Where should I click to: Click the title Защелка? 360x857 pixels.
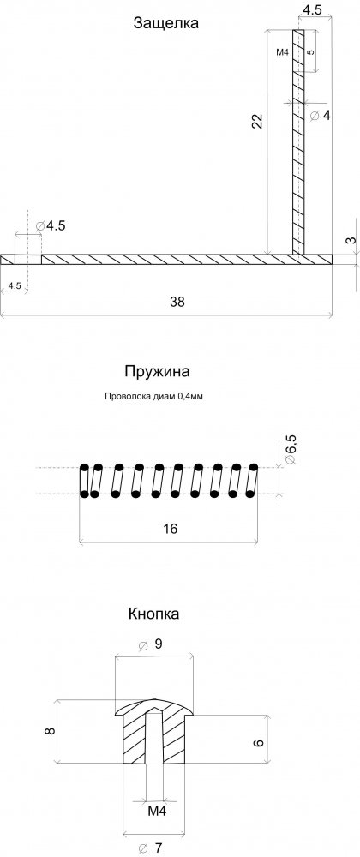(165, 23)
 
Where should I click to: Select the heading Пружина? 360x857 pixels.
(157, 372)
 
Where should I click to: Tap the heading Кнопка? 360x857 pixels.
(154, 614)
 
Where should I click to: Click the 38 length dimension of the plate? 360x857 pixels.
(177, 302)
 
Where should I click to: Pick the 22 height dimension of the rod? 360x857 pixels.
(257, 121)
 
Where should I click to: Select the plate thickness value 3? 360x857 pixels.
(351, 240)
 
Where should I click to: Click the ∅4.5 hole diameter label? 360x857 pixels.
(50, 225)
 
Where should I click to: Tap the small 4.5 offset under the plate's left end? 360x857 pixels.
(15, 285)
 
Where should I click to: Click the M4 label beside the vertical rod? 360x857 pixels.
(282, 52)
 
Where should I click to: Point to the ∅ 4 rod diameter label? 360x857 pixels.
(320, 116)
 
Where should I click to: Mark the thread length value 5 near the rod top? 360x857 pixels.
(310, 52)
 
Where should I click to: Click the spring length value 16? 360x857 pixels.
(170, 529)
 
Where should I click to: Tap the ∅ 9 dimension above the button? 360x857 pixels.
(150, 645)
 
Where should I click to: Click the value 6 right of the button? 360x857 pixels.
(259, 743)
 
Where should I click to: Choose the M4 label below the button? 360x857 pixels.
(157, 811)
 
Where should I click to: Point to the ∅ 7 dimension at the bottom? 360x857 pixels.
(150, 848)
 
